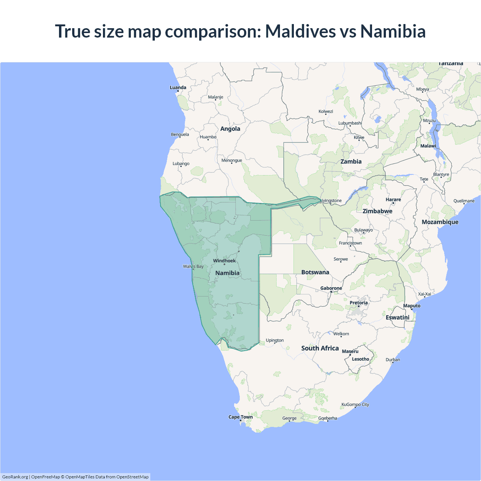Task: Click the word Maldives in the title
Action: click(301, 31)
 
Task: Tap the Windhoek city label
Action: click(224, 261)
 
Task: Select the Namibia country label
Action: click(227, 273)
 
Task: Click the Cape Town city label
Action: click(240, 417)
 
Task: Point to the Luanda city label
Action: click(178, 88)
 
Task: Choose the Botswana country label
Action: click(315, 272)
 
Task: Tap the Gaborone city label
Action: click(331, 288)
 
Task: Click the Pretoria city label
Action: click(358, 303)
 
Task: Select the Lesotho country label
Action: click(360, 359)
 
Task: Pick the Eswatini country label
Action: click(398, 318)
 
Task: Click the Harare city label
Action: click(393, 200)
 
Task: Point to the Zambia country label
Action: click(351, 162)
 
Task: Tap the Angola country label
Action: click(230, 129)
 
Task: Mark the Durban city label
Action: click(393, 360)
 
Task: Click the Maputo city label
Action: click(412, 306)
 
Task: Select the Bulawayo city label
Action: click(363, 230)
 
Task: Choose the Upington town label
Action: click(275, 340)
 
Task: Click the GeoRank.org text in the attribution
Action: click(15, 477)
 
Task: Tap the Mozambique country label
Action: click(440, 222)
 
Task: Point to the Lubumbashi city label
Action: click(350, 123)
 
